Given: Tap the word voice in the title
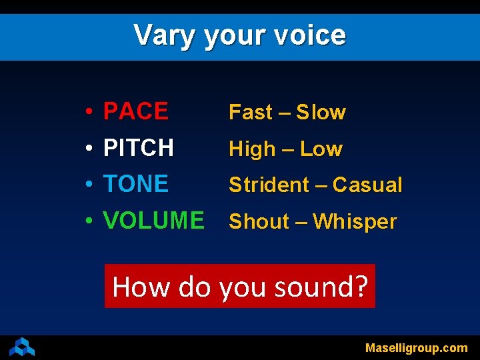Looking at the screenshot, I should (x=309, y=35).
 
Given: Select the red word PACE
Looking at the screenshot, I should (x=136, y=111).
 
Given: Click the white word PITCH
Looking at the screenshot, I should (x=139, y=147).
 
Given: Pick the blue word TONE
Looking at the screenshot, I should (x=136, y=183).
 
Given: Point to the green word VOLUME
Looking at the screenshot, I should (x=154, y=220).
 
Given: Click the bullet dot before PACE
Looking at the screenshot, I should (x=89, y=112).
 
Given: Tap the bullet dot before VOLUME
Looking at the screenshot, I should (x=89, y=221).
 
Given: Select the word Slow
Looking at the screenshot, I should (x=321, y=113).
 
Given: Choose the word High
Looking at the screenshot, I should (x=252, y=149).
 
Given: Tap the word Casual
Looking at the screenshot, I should (x=367, y=185).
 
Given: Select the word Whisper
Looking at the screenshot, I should (x=355, y=221).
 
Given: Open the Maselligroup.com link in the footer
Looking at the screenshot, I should (x=417, y=347).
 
